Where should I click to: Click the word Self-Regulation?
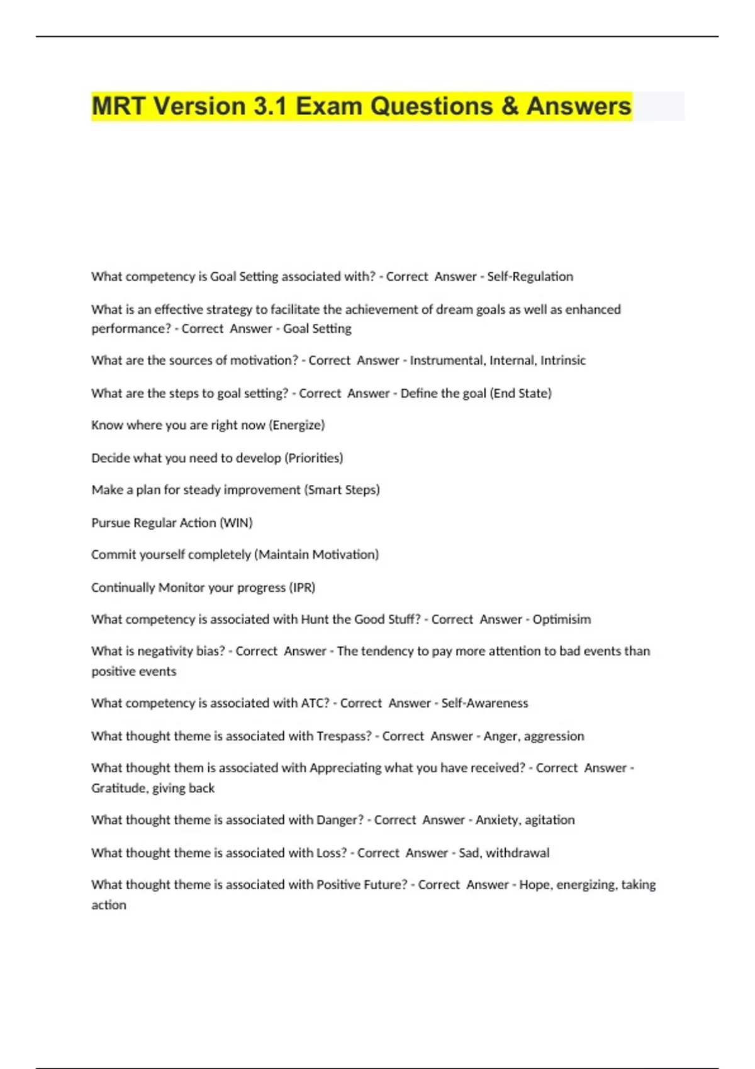point(530,277)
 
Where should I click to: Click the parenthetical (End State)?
point(520,393)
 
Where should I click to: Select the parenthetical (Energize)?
point(297,425)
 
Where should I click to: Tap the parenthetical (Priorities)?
point(314,458)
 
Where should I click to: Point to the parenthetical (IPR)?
point(302,587)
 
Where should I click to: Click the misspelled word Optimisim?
point(561,619)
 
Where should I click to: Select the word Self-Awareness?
point(484,703)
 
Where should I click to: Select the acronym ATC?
point(315,703)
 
